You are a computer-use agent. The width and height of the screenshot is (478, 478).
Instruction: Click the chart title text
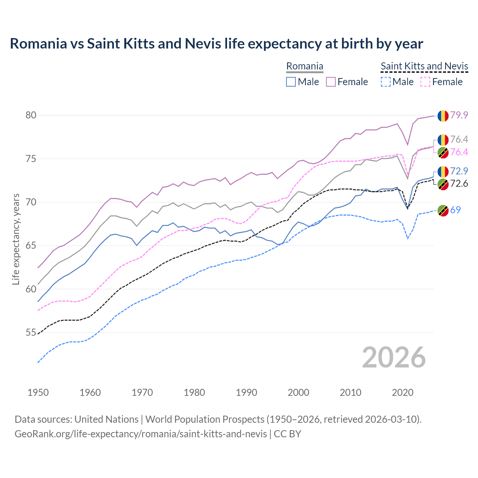click(216, 44)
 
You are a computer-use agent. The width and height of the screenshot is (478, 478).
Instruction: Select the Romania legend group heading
click(304, 66)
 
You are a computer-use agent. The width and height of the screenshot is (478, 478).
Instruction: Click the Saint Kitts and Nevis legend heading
click(424, 66)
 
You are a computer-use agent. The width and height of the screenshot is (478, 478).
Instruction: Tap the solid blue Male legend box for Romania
click(291, 82)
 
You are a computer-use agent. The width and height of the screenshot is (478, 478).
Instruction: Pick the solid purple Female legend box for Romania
click(331, 82)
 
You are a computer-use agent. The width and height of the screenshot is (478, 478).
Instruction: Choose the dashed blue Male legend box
click(386, 82)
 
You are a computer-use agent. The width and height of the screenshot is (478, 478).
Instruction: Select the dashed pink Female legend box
click(426, 82)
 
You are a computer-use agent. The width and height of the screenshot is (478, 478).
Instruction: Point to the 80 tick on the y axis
click(31, 115)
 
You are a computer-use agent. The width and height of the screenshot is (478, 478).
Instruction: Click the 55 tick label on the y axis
click(31, 333)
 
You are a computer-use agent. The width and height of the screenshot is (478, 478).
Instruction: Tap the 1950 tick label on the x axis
click(38, 392)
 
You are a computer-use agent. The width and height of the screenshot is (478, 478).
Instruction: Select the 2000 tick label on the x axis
click(298, 392)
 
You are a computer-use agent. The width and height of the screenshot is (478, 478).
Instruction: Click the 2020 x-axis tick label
click(403, 392)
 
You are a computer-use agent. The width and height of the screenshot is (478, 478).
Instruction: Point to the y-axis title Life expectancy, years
click(16, 239)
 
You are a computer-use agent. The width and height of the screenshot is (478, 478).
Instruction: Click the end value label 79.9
click(459, 115)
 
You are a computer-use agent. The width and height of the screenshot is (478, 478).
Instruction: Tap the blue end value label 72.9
click(459, 171)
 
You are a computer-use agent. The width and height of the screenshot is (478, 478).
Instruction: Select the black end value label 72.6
click(459, 184)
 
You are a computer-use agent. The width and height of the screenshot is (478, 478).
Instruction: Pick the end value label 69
click(455, 210)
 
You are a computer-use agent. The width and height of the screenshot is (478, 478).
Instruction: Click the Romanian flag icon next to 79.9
click(443, 116)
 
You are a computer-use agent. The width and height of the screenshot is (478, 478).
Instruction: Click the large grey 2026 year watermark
click(394, 357)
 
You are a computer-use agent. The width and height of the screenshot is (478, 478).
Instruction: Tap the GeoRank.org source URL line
click(158, 434)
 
